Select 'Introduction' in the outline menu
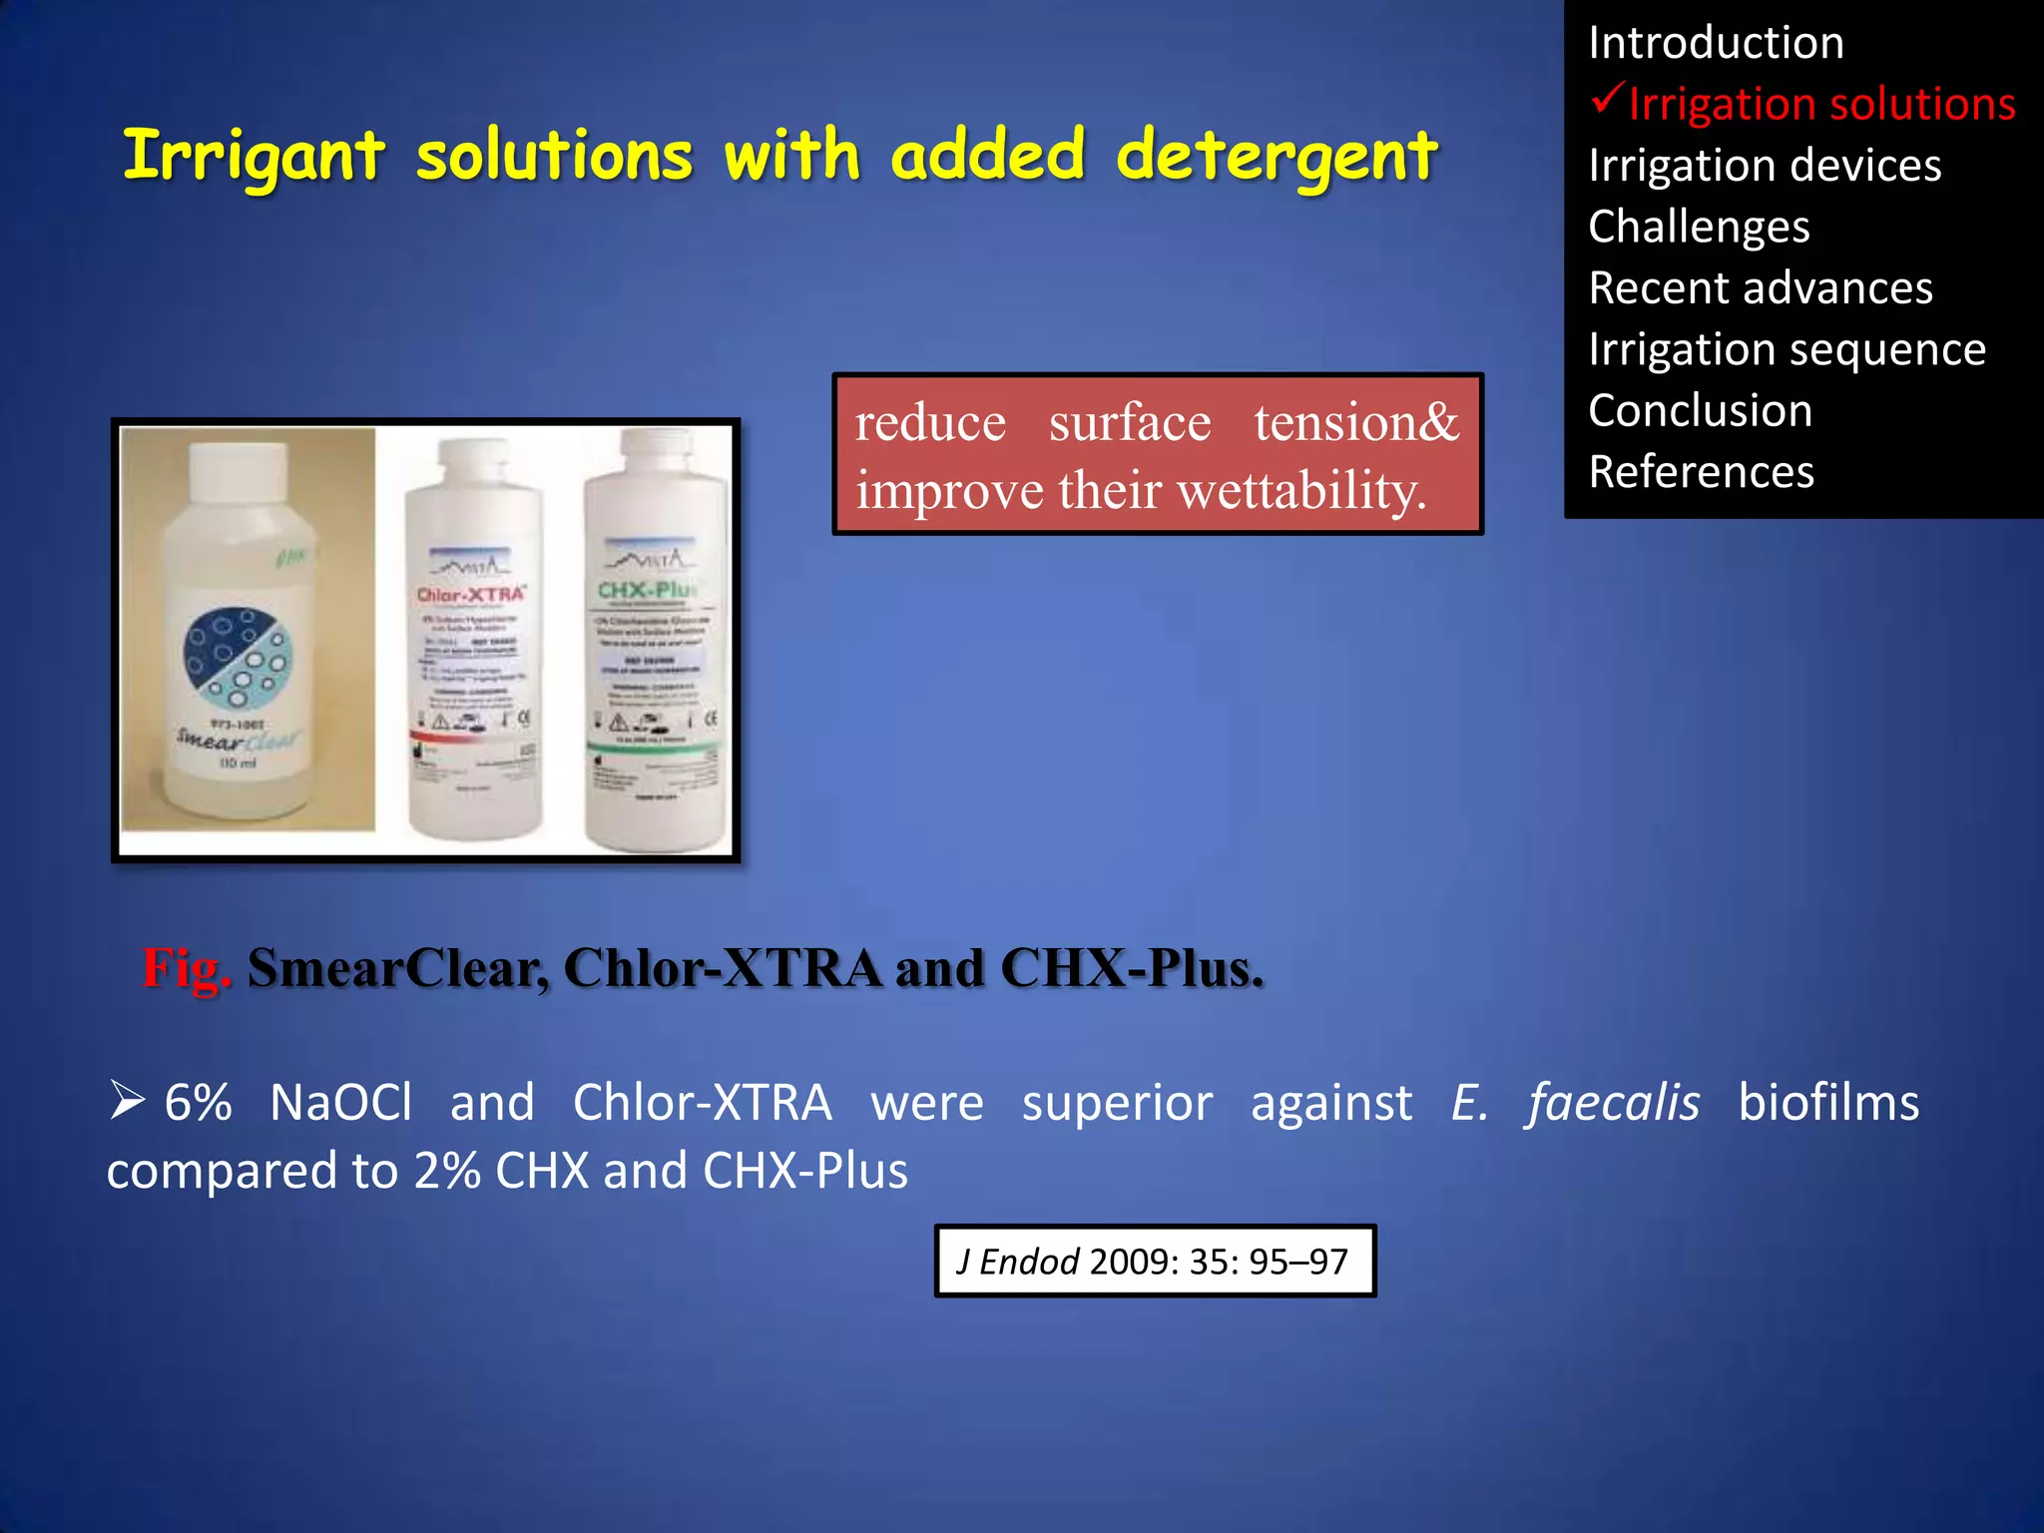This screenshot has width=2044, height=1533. click(1716, 43)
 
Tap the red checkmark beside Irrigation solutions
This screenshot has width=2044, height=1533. click(1608, 99)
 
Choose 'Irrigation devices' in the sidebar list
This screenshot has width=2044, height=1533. click(1764, 166)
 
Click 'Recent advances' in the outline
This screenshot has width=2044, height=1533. click(1761, 288)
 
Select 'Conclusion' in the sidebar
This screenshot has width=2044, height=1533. click(1700, 411)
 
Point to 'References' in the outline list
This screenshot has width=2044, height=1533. click(1701, 472)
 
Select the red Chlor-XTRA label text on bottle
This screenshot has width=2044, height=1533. click(470, 595)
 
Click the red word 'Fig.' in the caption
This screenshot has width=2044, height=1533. click(187, 968)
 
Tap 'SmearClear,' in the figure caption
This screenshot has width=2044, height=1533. click(398, 968)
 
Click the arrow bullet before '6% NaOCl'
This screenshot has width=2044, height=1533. click(128, 1102)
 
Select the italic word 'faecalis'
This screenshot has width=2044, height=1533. click(1613, 1104)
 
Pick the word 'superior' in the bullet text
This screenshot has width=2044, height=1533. click(1117, 1104)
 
